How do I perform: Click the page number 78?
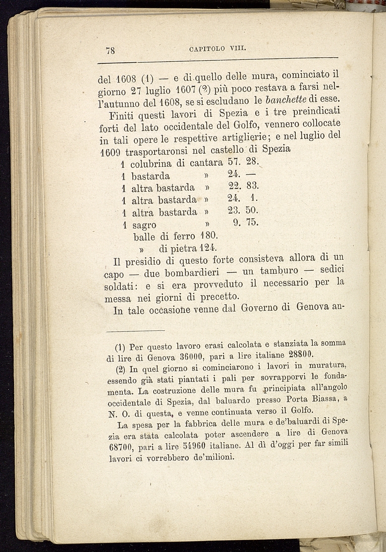pyautogui.click(x=110, y=50)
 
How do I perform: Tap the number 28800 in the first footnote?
pyautogui.click(x=300, y=354)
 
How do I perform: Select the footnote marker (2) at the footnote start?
pyautogui.click(x=119, y=369)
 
